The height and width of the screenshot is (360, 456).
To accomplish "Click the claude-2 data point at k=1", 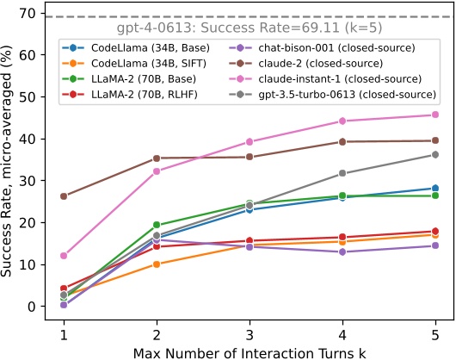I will pyautogui.click(x=64, y=196).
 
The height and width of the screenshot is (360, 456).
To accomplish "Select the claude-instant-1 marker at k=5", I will pyautogui.click(x=434, y=115).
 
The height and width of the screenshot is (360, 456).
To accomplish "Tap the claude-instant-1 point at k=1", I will pyautogui.click(x=64, y=256).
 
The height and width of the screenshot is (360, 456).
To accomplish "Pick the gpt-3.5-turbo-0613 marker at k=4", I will pyautogui.click(x=342, y=173).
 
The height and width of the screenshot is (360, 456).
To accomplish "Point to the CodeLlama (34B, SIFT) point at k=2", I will pyautogui.click(x=157, y=264).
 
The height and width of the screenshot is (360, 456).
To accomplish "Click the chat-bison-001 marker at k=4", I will pyautogui.click(x=342, y=251).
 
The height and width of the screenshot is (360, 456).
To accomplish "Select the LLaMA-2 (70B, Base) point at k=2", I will pyautogui.click(x=157, y=225).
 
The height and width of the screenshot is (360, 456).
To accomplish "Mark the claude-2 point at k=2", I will pyautogui.click(x=157, y=158).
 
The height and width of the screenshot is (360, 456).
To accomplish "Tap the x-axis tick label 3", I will pyautogui.click(x=250, y=332).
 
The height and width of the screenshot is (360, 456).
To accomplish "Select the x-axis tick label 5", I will pyautogui.click(x=434, y=332).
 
